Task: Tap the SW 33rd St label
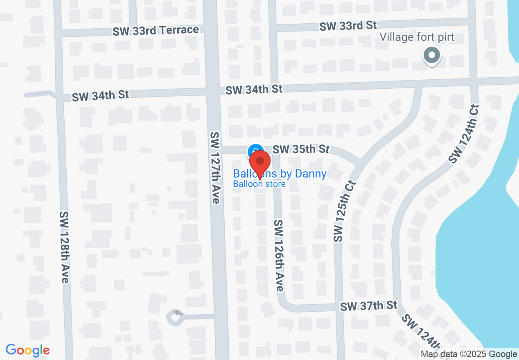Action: coord(348,26)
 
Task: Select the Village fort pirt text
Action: coord(417,37)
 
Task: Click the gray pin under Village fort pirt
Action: coord(431,56)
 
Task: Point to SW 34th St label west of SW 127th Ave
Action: coord(100,96)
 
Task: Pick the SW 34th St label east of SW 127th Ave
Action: coord(254,89)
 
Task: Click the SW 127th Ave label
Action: coord(215,168)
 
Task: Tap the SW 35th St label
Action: coord(301,149)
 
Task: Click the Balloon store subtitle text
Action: coord(259,184)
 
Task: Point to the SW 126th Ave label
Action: coord(279,256)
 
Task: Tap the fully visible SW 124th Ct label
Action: coord(464,133)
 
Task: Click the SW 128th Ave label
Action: coord(64,247)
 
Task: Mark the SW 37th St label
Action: coord(369,306)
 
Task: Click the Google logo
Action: coord(27,350)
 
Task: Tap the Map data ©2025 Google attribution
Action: coord(469,354)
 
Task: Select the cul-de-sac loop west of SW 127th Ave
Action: coord(175,317)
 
